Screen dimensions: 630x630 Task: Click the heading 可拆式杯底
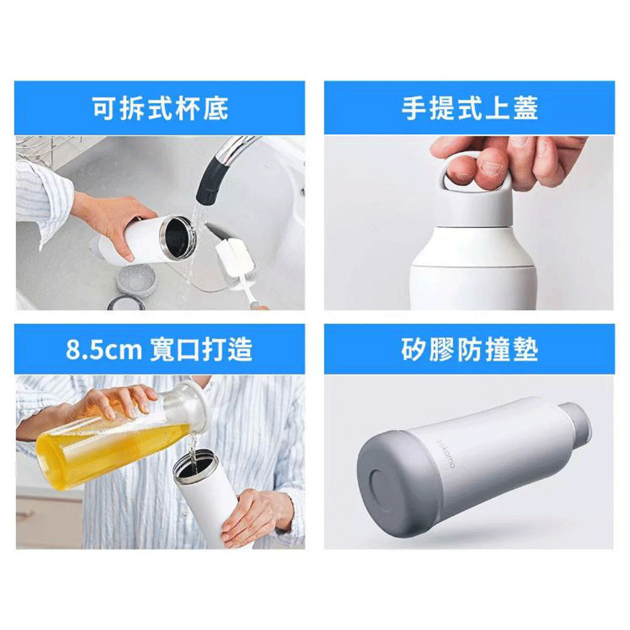[x=160, y=108]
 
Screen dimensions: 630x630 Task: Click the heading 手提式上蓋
[x=470, y=108]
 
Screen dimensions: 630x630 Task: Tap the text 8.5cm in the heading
[x=104, y=350]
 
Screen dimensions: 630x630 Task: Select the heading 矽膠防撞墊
[x=470, y=350]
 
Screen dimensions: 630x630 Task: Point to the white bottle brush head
[x=234, y=257]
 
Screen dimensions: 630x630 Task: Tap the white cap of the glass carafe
[x=193, y=405]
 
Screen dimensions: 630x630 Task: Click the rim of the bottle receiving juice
[x=196, y=464]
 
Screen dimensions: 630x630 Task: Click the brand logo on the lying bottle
[x=446, y=454]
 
